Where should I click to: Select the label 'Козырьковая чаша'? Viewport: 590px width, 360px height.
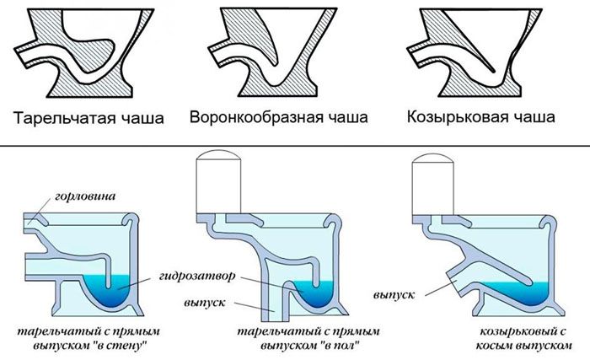(x=480, y=117)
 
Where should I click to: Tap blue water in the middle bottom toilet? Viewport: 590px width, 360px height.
(x=320, y=291)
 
